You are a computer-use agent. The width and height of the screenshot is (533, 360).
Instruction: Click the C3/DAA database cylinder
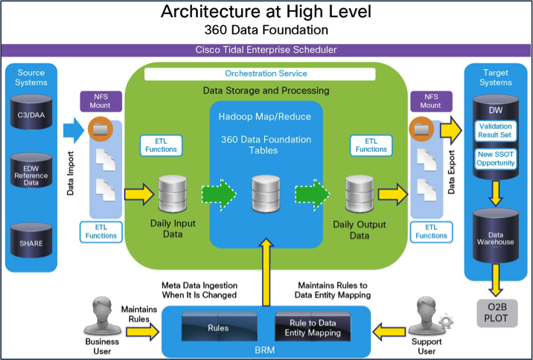pos(35,115)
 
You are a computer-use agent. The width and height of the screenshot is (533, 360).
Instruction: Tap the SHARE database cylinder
pos(35,242)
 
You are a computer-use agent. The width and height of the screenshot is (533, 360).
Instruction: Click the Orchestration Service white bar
pos(266,74)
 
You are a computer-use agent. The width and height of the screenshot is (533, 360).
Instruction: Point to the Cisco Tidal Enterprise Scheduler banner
pos(266,51)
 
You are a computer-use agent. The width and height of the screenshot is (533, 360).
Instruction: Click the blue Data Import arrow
pos(71,132)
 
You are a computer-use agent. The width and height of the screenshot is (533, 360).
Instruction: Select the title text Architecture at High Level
pos(266,13)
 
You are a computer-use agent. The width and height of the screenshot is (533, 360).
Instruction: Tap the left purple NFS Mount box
pos(100,101)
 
